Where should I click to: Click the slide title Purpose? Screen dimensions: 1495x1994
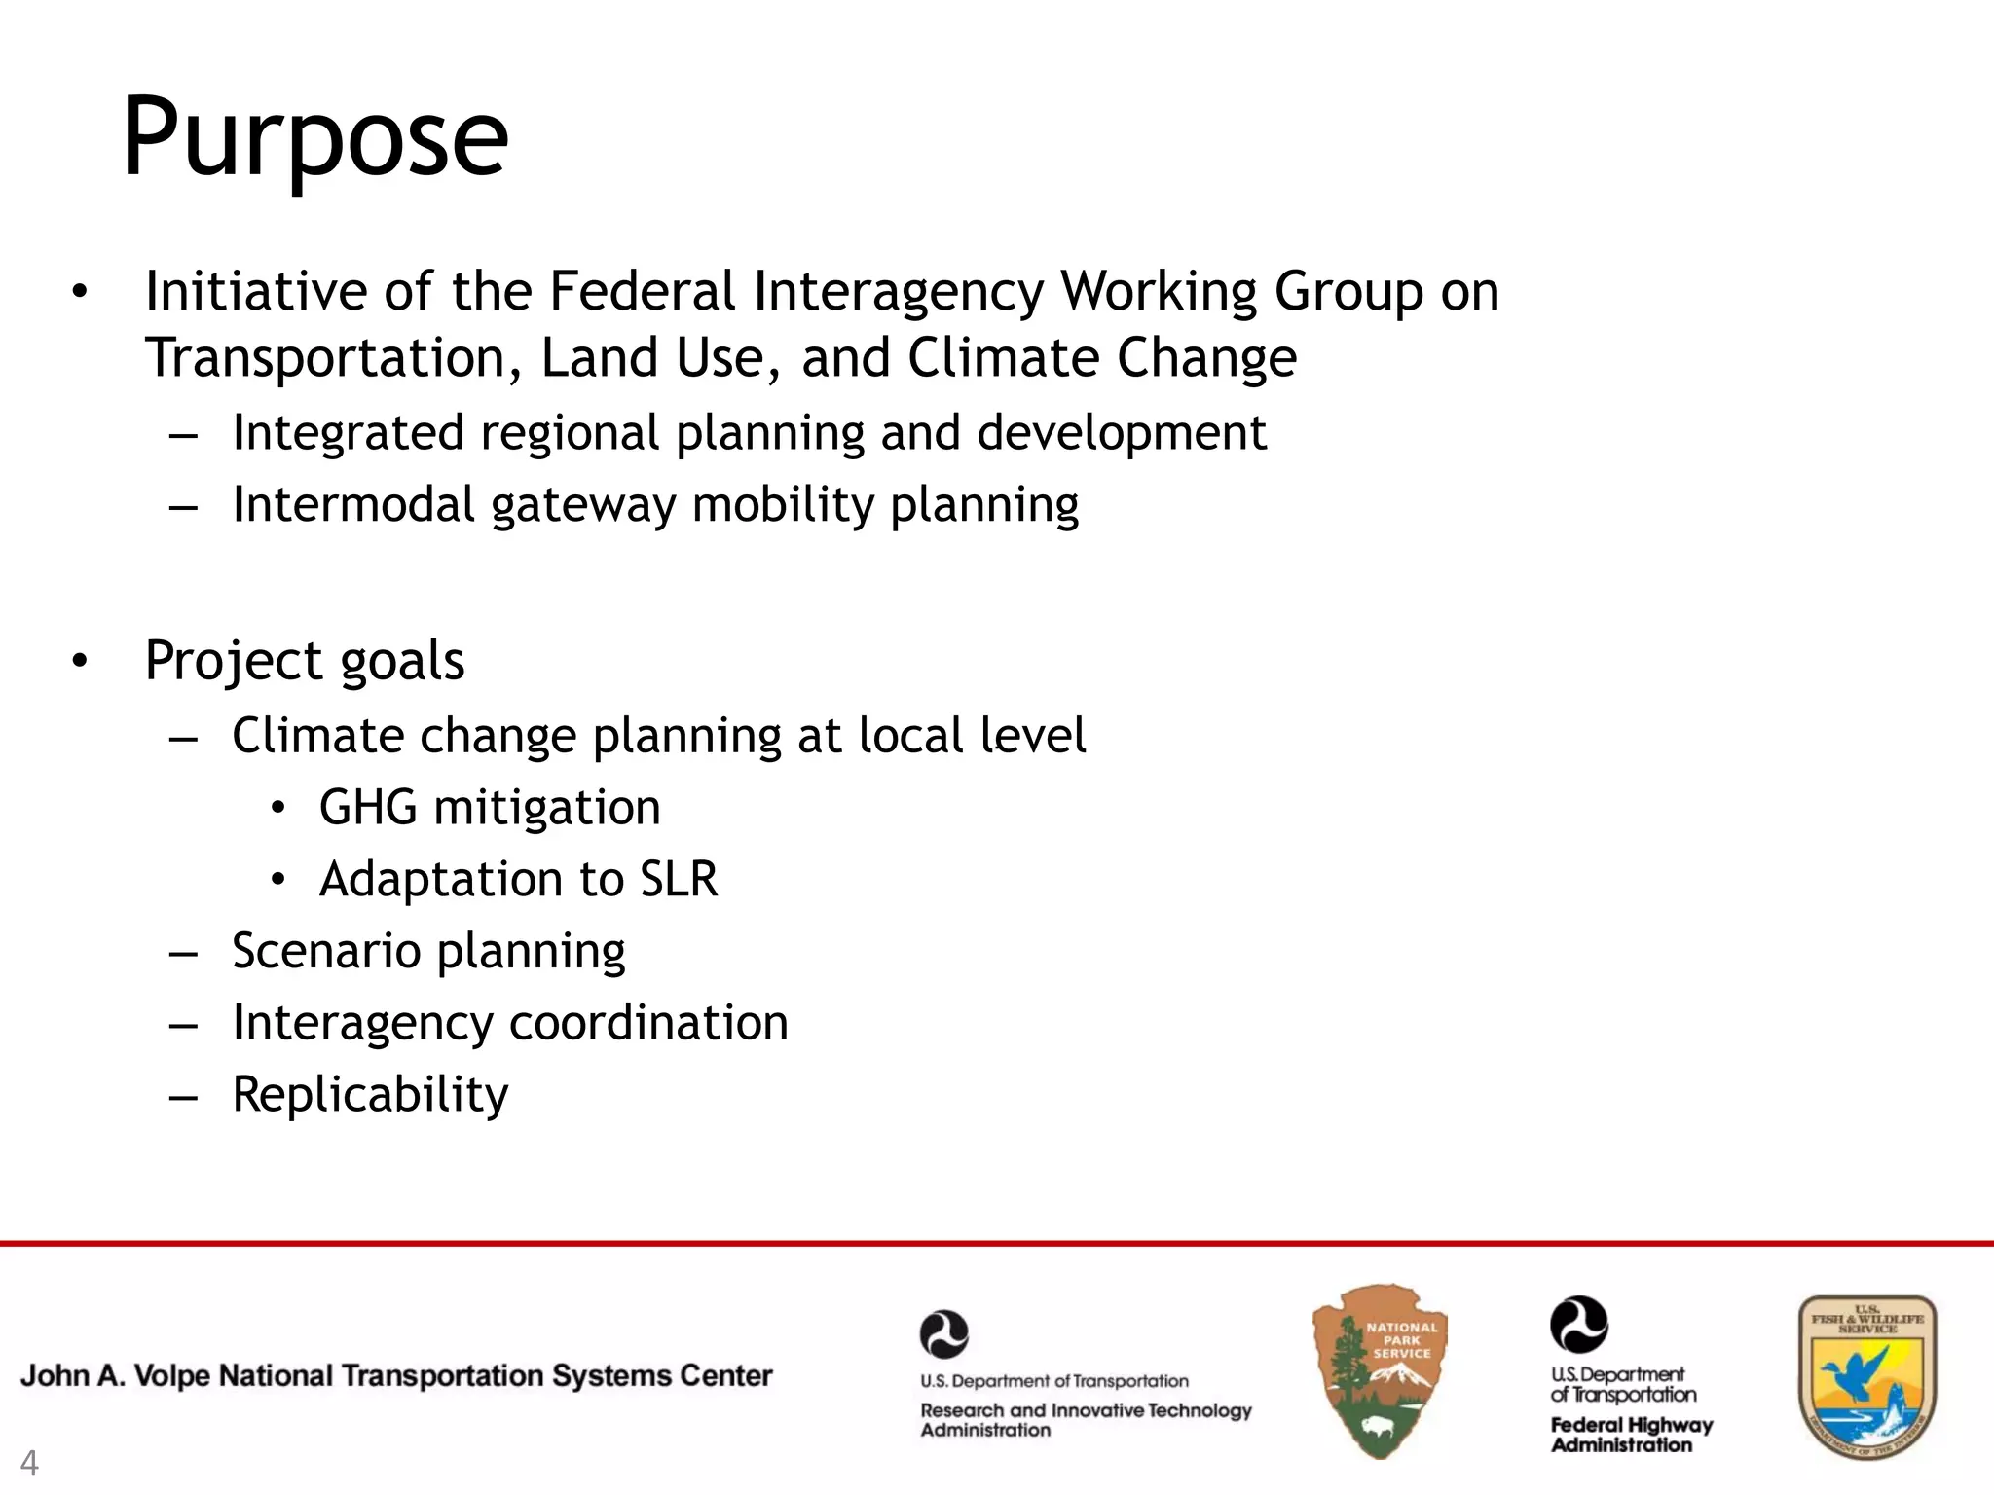314,138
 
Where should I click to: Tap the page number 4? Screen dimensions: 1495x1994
29,1463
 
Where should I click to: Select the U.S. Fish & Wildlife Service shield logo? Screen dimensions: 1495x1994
1866,1376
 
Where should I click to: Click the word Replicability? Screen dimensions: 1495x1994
370,1094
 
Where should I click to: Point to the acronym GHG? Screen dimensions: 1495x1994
368,808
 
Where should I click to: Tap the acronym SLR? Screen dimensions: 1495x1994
679,879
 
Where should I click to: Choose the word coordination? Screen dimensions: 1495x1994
648,1023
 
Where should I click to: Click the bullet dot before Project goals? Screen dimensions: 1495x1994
80,661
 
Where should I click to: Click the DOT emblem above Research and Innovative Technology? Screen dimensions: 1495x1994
943,1333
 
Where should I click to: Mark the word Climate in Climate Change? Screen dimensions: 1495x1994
1005,357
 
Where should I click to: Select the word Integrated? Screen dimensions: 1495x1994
349,432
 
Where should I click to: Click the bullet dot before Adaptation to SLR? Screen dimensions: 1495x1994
278,880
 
